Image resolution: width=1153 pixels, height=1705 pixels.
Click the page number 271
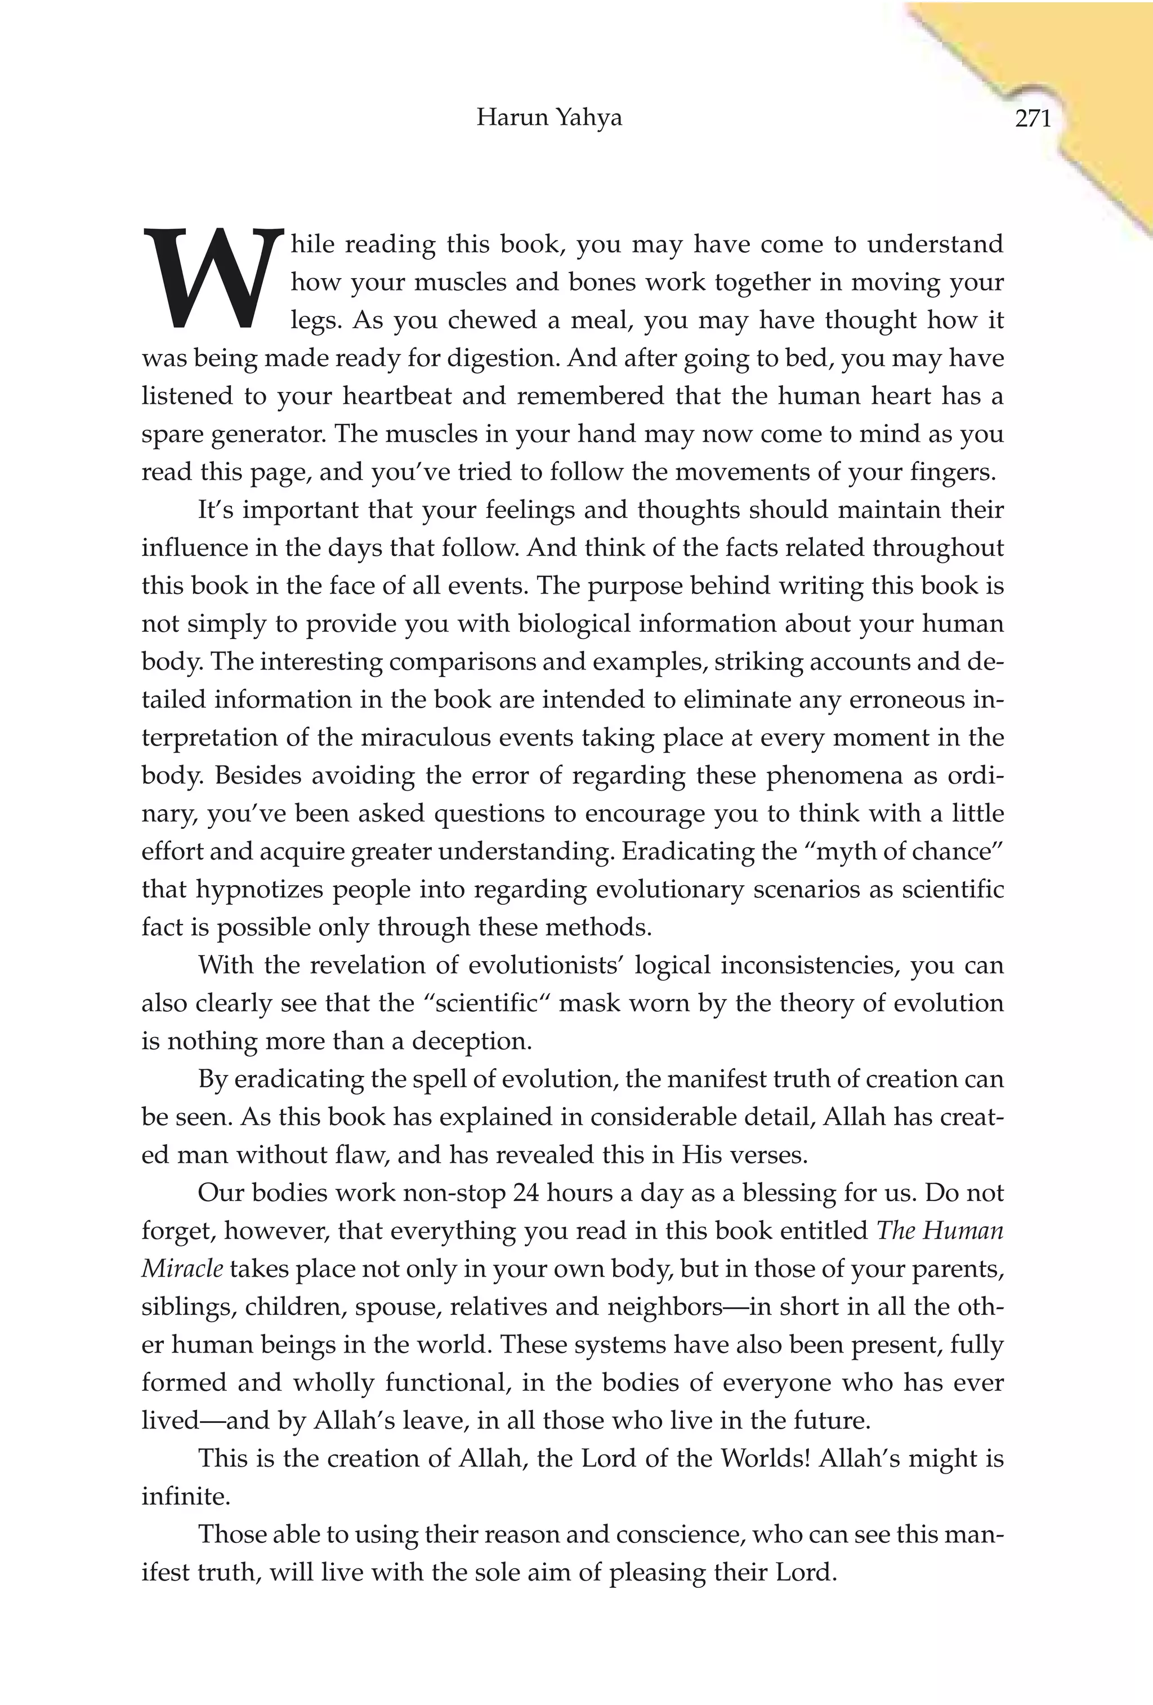(x=1033, y=118)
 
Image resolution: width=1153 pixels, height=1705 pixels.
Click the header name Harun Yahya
(x=548, y=117)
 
